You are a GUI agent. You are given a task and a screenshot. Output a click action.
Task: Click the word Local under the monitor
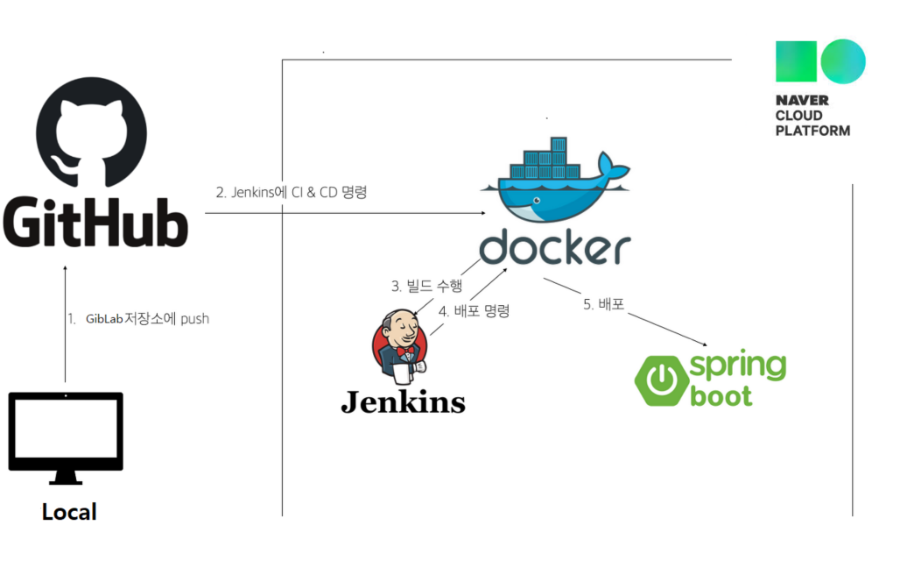point(69,512)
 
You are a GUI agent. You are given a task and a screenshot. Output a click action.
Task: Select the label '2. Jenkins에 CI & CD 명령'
point(292,192)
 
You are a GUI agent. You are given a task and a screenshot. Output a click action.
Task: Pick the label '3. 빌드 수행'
point(426,286)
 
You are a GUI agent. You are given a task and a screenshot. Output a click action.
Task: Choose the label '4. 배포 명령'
point(474,310)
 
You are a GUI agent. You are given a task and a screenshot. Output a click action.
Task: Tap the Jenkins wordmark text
point(403,402)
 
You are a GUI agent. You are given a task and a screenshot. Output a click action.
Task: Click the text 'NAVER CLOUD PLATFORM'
point(812,116)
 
